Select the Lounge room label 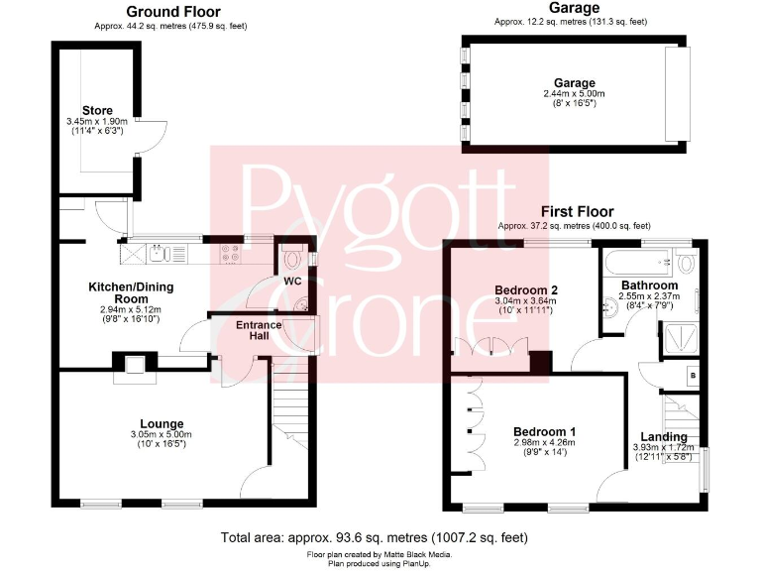(163, 424)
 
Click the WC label (292, 282)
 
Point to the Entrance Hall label (259, 330)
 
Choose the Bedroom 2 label (526, 290)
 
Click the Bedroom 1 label (544, 432)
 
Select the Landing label (663, 437)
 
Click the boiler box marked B (695, 376)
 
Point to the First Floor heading (577, 211)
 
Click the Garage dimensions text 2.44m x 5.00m (574, 93)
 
